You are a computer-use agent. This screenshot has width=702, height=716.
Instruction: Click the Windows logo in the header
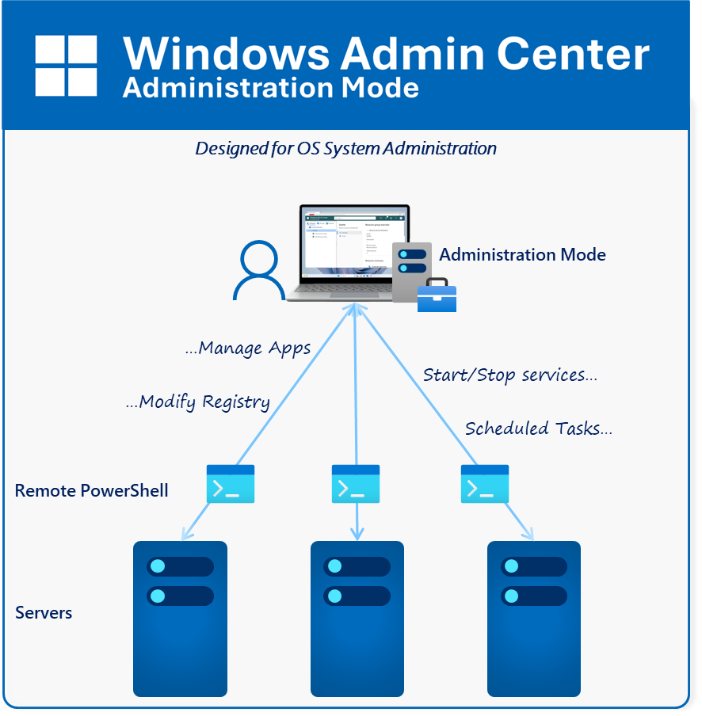click(66, 66)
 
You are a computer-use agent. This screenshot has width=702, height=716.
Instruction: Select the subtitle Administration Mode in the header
click(270, 87)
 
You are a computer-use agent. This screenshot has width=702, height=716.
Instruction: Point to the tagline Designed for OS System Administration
click(345, 148)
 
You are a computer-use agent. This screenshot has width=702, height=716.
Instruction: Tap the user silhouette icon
click(258, 270)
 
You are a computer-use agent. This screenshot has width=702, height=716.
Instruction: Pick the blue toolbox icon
click(437, 295)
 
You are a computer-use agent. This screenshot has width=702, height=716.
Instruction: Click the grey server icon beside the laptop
click(411, 269)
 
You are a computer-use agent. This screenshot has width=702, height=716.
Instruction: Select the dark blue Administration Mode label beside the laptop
click(522, 254)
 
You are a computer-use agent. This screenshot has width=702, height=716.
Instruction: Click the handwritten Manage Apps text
click(247, 348)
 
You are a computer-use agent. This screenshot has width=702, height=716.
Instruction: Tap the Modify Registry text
click(198, 402)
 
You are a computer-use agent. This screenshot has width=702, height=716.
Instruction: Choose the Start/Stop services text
click(509, 375)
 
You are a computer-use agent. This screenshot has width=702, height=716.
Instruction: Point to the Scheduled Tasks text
click(538, 428)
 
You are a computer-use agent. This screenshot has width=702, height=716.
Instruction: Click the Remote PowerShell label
click(91, 490)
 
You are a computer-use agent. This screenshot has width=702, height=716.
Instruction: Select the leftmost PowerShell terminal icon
click(231, 484)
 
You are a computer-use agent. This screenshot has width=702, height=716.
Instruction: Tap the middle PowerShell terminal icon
click(356, 484)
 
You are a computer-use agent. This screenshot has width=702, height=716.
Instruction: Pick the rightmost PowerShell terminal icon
click(485, 484)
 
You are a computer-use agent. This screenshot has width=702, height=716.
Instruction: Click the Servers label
click(44, 612)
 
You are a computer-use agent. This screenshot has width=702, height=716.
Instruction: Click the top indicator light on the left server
click(157, 566)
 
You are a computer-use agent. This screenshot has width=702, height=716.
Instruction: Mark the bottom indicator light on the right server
click(511, 596)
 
